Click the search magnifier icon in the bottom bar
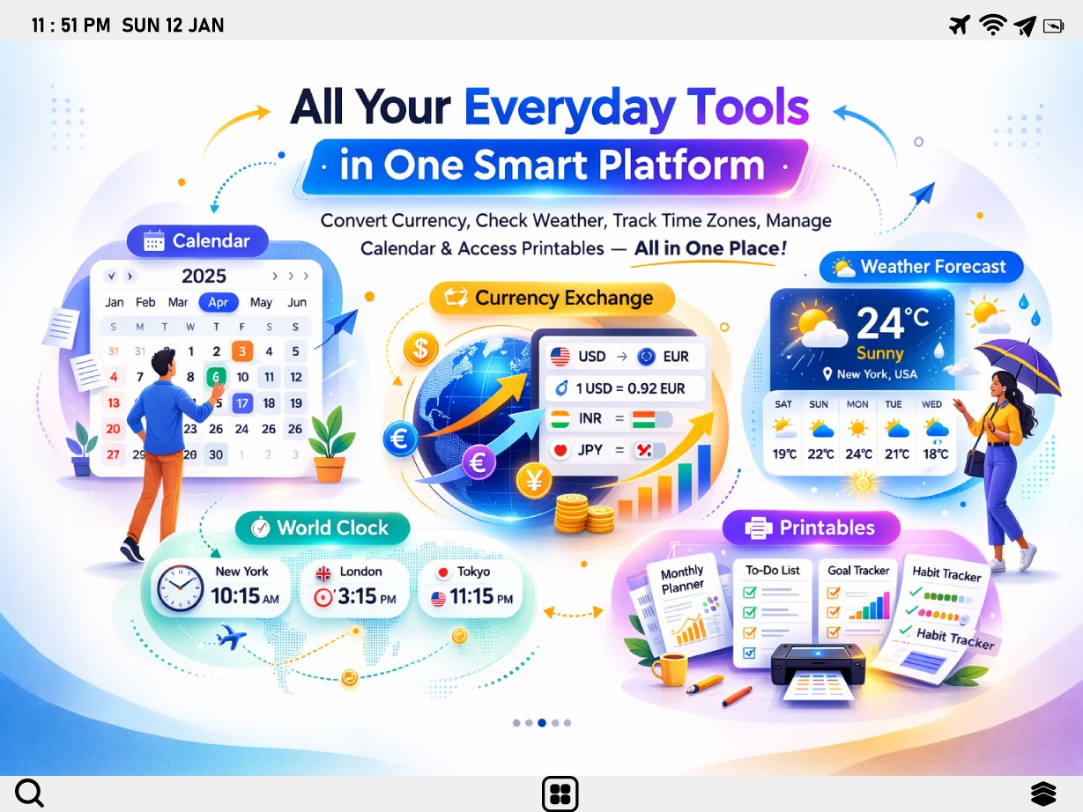[29, 793]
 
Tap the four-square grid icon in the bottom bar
[560, 794]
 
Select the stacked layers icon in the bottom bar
[1043, 793]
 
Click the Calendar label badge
[199, 241]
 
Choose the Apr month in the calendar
[218, 302]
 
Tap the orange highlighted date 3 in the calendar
[242, 351]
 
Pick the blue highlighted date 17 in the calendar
[242, 403]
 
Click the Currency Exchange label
[552, 298]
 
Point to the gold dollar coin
[420, 350]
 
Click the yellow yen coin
[533, 481]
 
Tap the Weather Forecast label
[921, 267]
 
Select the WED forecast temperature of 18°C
[935, 454]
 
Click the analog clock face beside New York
[180, 589]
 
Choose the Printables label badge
[812, 528]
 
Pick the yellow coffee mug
[671, 669]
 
